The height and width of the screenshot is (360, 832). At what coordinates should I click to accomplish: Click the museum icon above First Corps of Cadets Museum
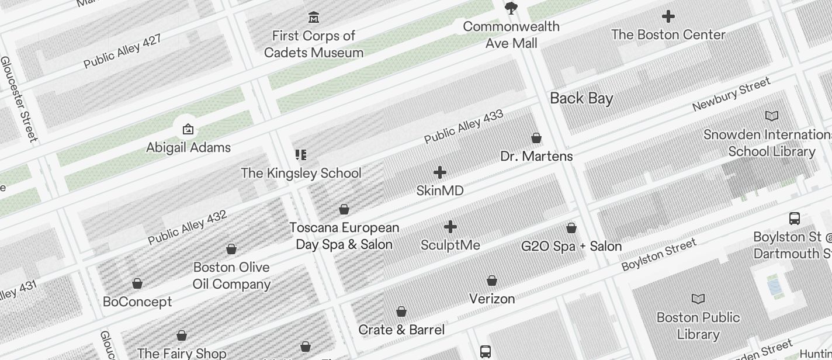point(314,17)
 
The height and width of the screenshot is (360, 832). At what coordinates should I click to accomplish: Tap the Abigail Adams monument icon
point(188,129)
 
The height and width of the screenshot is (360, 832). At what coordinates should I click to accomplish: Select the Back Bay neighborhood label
point(581,98)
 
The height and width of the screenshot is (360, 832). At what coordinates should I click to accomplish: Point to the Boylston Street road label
point(658,254)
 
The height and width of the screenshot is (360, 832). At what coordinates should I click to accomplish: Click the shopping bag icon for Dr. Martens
point(536,138)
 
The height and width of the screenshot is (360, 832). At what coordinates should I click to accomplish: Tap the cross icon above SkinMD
point(440,172)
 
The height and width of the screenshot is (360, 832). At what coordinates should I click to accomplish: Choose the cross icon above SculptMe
point(450,227)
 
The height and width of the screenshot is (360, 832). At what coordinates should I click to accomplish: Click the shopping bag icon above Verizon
point(492,281)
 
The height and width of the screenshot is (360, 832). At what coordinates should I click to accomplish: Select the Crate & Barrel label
point(401,330)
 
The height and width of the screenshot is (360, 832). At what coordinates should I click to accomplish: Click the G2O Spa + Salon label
point(571,246)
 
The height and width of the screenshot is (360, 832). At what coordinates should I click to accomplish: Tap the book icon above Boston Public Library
point(698,299)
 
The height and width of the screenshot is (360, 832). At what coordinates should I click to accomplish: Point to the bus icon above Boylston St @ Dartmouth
point(795,219)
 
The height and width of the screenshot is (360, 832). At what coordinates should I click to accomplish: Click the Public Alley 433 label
point(464,127)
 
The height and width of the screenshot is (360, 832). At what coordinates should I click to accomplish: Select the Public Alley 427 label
point(122,51)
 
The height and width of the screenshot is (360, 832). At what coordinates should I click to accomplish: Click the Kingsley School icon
point(301,155)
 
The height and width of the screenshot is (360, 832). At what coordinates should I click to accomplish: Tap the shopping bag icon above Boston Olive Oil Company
point(231,249)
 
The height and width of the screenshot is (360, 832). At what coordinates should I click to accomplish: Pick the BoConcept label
point(137,302)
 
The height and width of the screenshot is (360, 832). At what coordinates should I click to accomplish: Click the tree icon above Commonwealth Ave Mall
point(512,8)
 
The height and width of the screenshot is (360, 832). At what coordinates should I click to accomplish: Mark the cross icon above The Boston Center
point(668,17)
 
